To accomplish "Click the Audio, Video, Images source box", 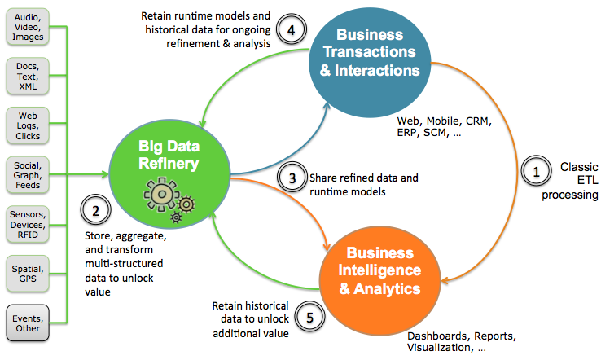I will click(29, 26).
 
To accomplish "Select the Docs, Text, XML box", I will click(29, 75).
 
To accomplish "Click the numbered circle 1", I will click(535, 172).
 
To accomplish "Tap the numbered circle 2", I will click(96, 212).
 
